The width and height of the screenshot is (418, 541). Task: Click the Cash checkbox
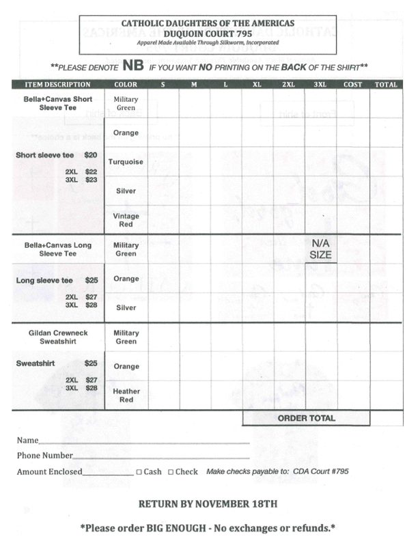139,472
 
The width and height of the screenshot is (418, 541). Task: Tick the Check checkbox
171,472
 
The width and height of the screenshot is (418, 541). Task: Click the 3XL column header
320,85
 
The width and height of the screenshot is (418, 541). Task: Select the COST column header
352,85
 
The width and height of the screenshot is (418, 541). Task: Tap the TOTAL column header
386,85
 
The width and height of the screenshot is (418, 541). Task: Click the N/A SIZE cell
320,249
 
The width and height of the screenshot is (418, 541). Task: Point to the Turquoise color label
126,162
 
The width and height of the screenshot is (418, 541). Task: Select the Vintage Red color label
126,220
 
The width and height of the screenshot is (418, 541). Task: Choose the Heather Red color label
126,396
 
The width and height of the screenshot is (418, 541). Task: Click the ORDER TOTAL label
306,418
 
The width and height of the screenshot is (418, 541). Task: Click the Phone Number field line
161,456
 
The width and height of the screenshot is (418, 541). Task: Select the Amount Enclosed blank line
108,472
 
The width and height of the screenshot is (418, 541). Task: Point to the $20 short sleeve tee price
91,155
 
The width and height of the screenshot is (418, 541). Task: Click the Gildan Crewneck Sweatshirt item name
58,337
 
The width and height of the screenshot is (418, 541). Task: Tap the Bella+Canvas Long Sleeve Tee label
58,249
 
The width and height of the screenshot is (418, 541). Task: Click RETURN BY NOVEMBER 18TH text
208,504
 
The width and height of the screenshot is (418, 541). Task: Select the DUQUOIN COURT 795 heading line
208,32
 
